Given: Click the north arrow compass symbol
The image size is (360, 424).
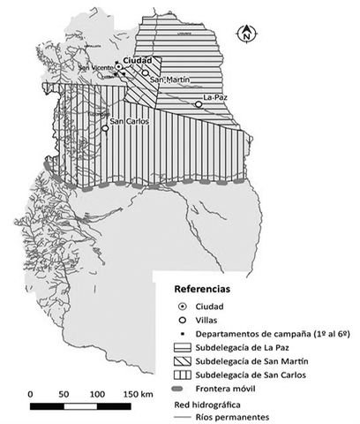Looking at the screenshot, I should click(x=244, y=34).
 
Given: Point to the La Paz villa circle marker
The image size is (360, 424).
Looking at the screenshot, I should click(x=199, y=104).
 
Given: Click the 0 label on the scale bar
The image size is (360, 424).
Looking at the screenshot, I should click(x=31, y=392).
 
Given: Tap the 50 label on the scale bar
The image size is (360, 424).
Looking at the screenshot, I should click(x=64, y=392).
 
